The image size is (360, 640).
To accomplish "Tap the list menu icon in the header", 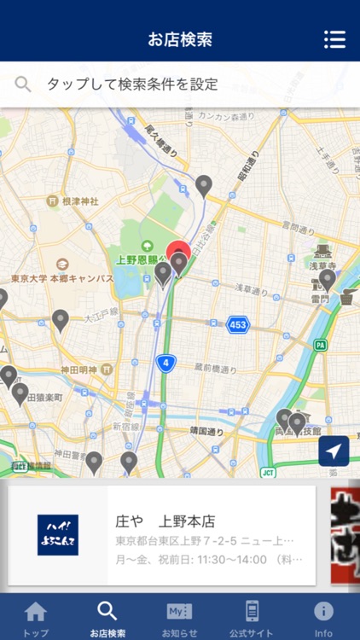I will click(334, 39).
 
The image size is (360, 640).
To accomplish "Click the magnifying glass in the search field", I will click(23, 84).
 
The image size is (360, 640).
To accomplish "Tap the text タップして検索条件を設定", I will click(132, 84).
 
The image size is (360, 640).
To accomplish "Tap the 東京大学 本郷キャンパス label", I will click(62, 278).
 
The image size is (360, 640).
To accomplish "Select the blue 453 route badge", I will click(238, 324).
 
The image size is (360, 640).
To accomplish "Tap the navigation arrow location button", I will click(334, 451).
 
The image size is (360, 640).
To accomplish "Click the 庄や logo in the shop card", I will click(58, 535).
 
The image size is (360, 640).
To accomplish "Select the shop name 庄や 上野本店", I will click(165, 521).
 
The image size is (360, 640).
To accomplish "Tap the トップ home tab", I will click(36, 617).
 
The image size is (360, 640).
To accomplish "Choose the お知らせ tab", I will click(179, 617).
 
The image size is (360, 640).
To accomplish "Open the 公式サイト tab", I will click(252, 617).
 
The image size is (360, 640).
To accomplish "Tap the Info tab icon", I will click(323, 612).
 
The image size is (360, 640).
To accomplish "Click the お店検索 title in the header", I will click(180, 39).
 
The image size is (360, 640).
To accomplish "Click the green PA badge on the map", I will click(320, 345).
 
